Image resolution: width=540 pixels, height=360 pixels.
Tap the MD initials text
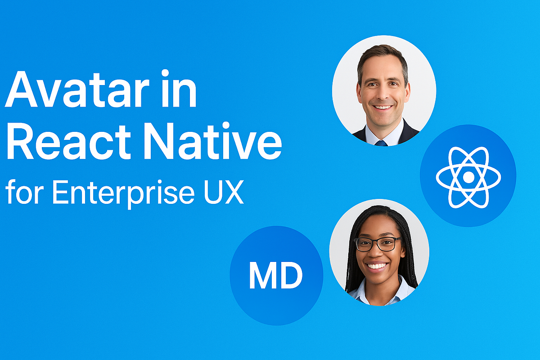(276, 275)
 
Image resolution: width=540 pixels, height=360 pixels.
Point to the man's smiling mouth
(383, 108)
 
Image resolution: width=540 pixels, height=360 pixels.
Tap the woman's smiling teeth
(377, 266)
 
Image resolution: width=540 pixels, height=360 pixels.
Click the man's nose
(382, 94)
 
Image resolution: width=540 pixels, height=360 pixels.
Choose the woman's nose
(377, 253)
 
